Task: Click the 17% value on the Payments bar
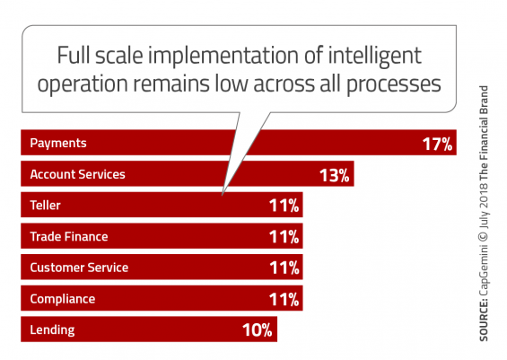point(437,144)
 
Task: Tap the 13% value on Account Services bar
point(335,175)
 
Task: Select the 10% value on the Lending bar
point(258,330)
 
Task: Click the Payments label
point(58,144)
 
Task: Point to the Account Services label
point(77,174)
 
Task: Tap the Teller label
point(45,206)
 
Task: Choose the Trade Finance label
point(69,236)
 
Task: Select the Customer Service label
point(79,268)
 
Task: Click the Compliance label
point(63,299)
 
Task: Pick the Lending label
point(52,330)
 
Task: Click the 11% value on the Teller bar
point(284,206)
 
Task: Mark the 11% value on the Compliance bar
point(284,300)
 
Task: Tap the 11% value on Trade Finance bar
point(284,237)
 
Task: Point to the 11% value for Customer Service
point(284,268)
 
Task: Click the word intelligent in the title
point(375,56)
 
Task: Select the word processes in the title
point(394,84)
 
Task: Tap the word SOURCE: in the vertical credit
point(484,320)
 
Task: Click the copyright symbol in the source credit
point(484,235)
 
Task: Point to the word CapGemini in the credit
point(484,270)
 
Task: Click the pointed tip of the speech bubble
point(223,195)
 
